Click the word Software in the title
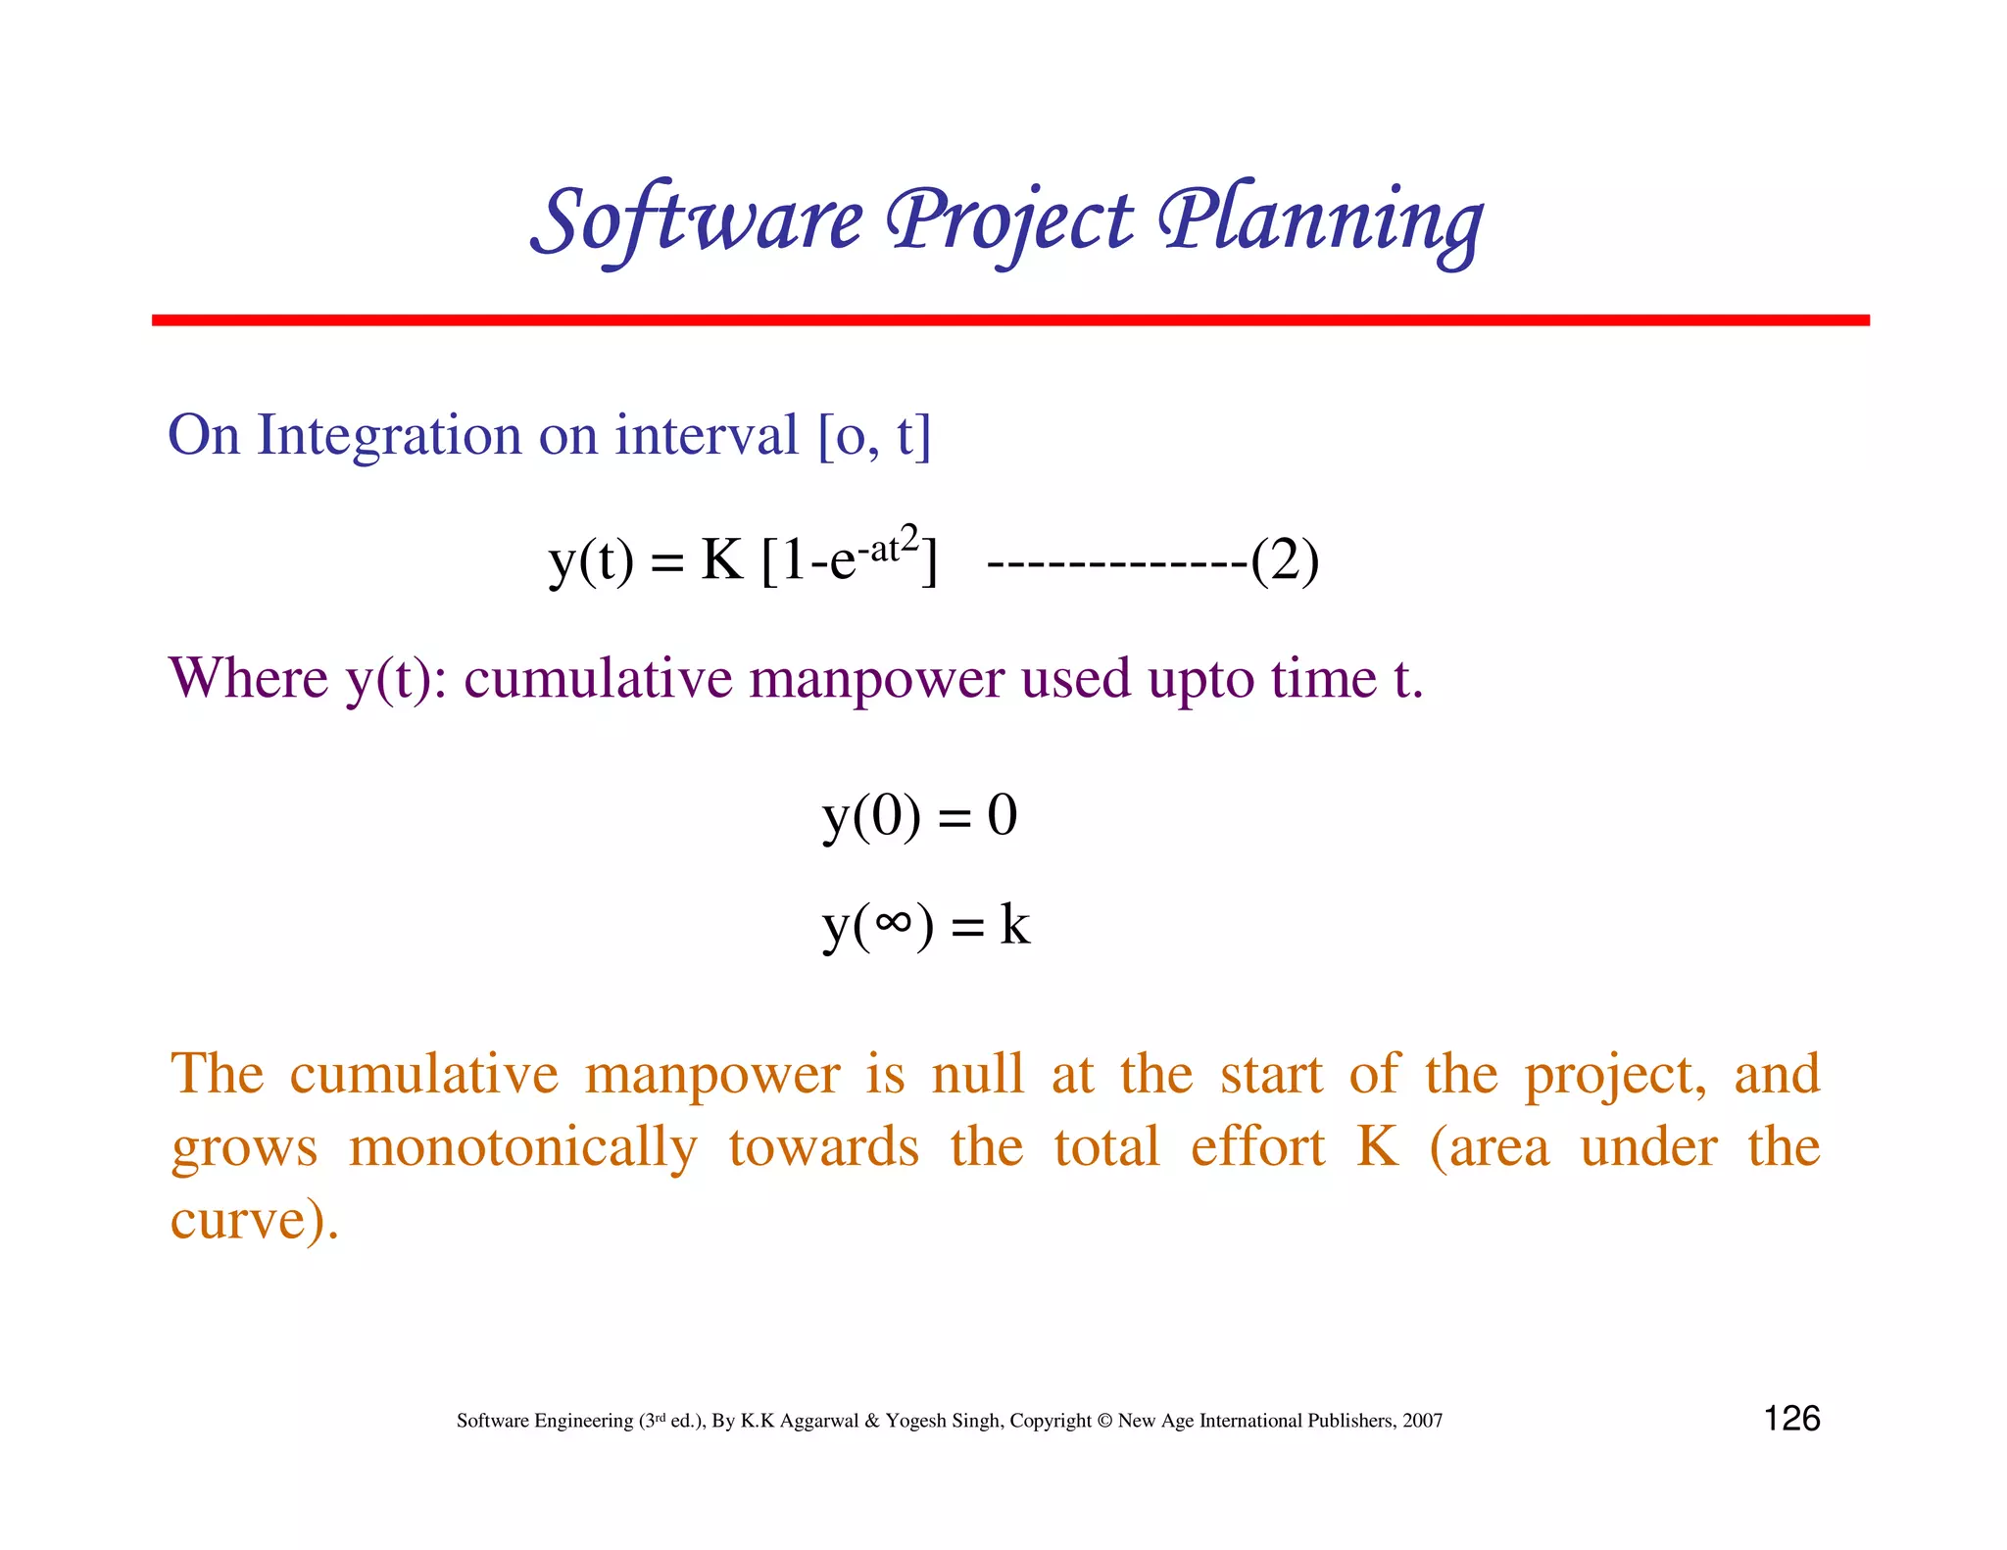pos(699,221)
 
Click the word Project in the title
pos(1009,221)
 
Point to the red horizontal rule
pos(1009,320)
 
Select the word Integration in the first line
pos(389,435)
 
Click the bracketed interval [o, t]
pos(873,437)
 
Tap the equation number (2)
pos(1285,560)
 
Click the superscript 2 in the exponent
pos(909,538)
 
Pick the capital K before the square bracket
pos(722,560)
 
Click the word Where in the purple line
pos(249,678)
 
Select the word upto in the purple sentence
pos(1200,678)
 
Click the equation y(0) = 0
pos(919,816)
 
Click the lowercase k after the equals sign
pos(1014,924)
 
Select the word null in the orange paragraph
pos(977,1074)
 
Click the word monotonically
pos(522,1147)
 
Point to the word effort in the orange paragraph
pos(1257,1147)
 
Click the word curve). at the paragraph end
pos(255,1221)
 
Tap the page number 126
pos(1791,1419)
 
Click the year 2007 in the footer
pos(1422,1421)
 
